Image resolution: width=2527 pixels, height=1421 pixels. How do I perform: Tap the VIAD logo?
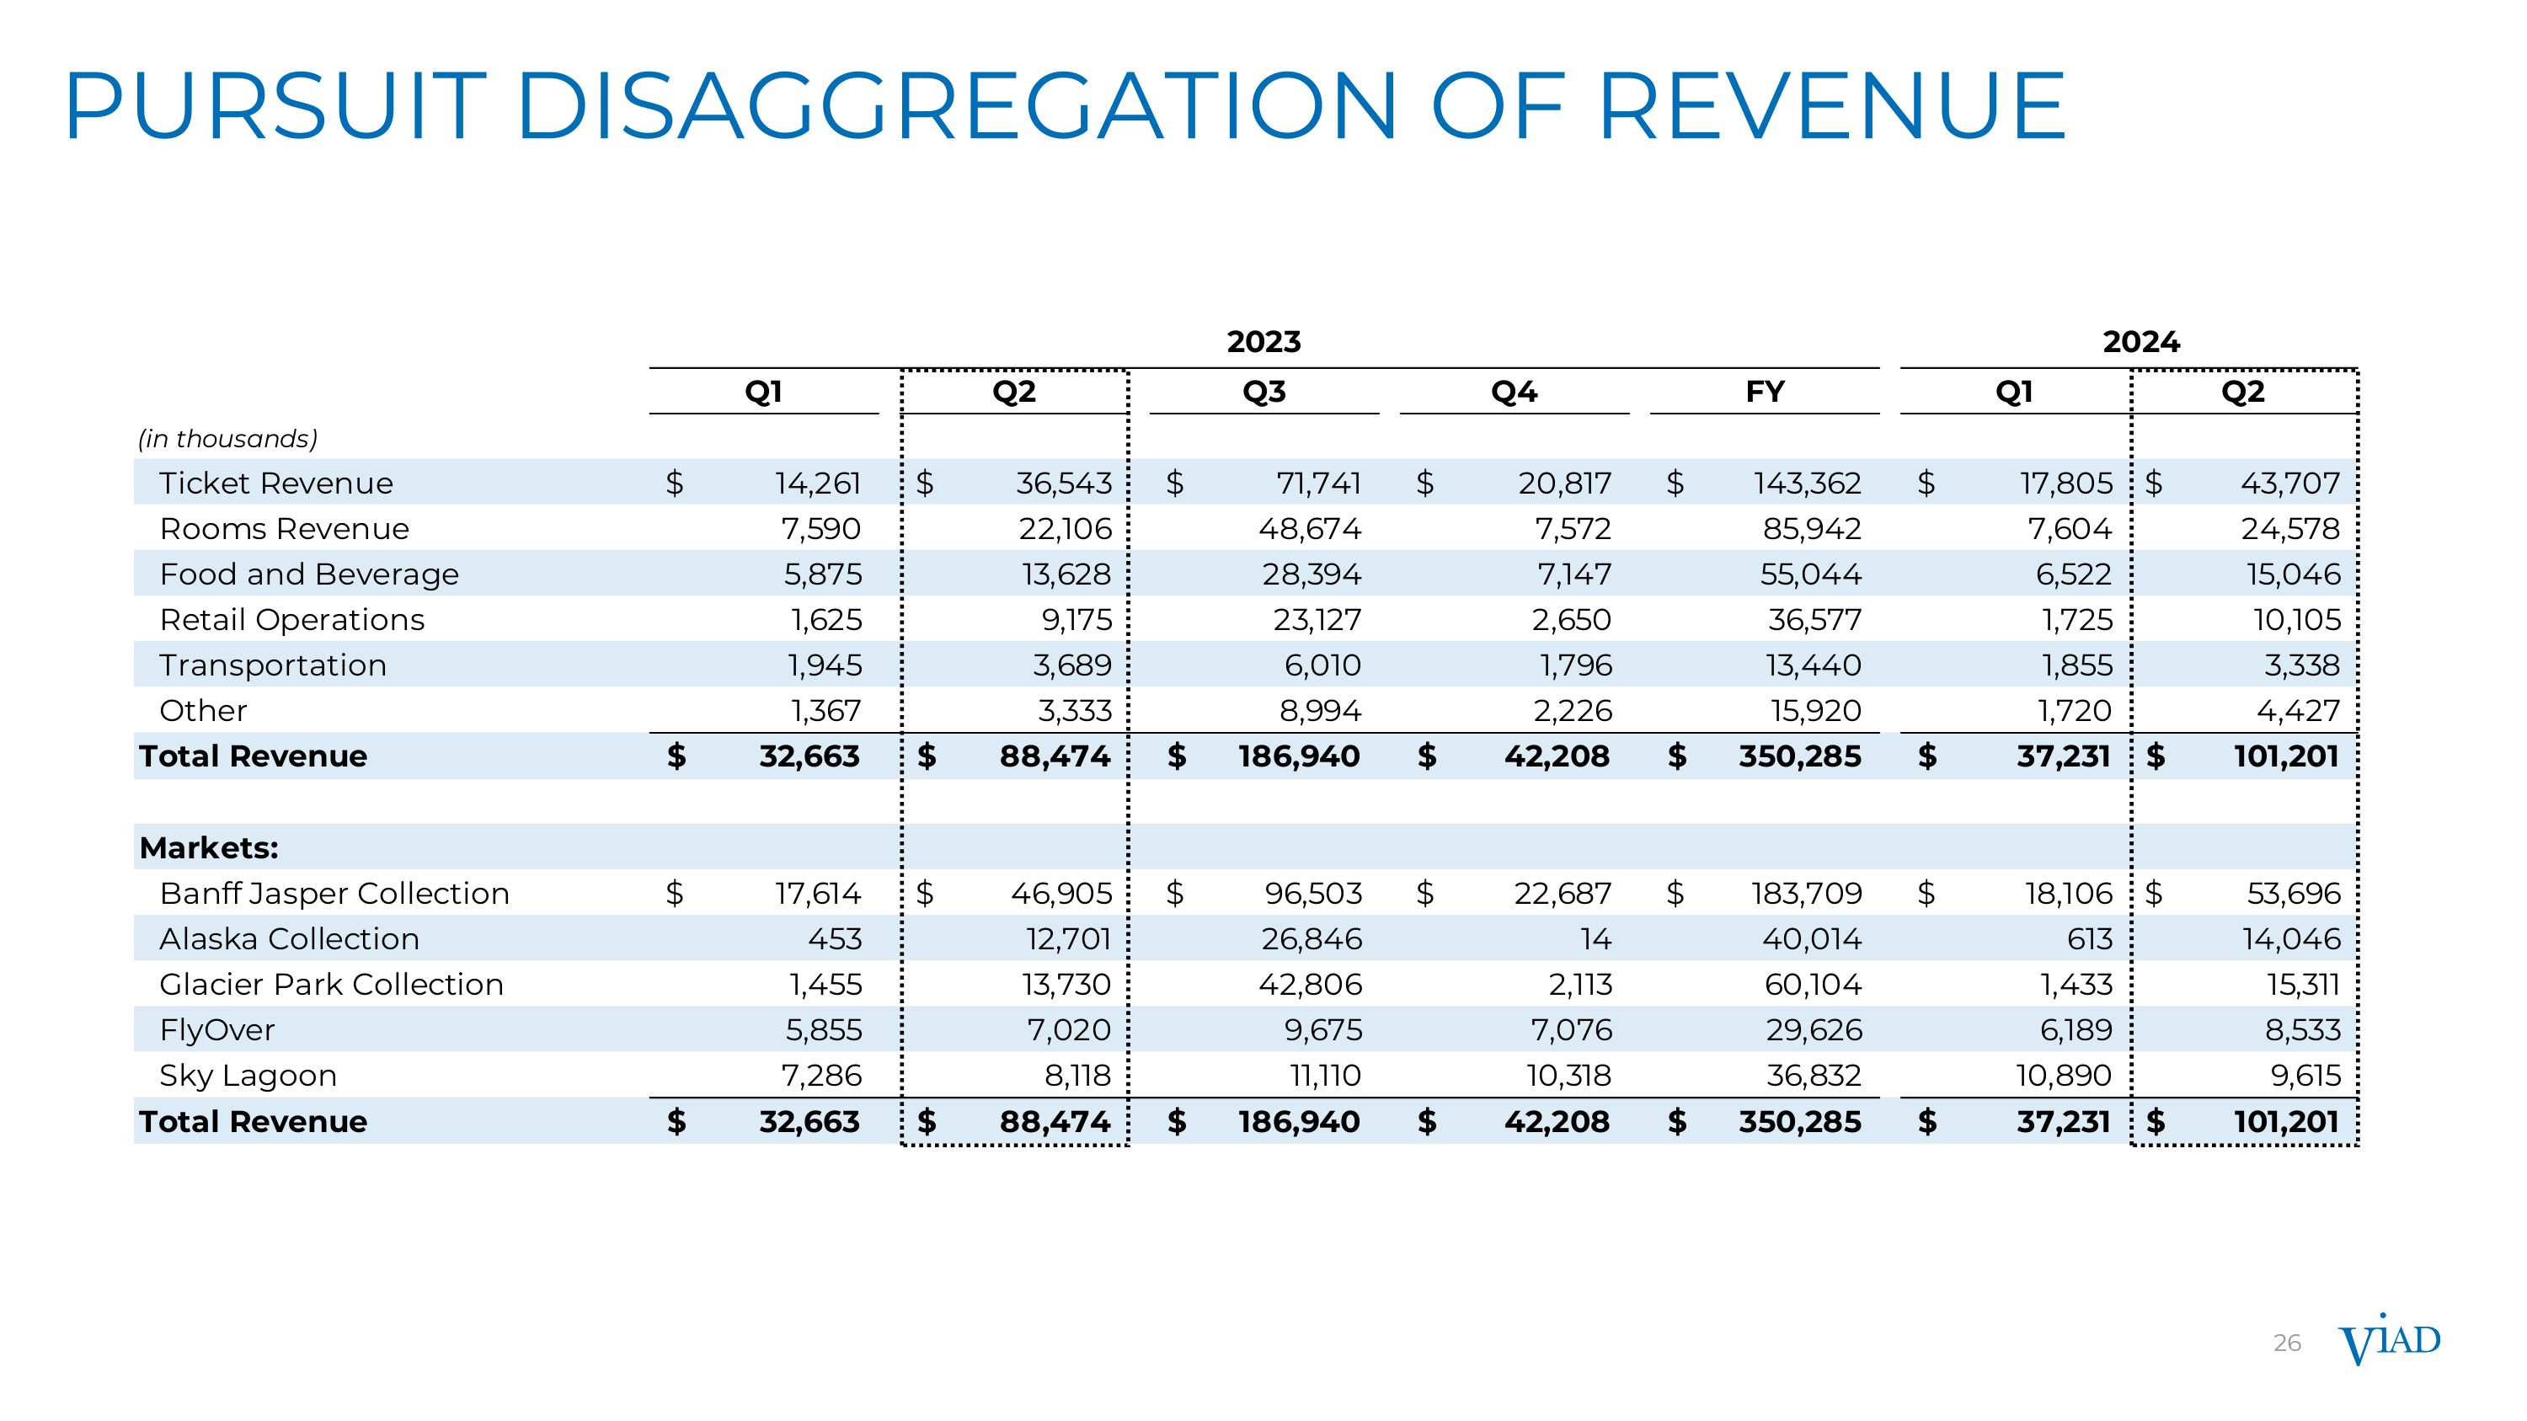(x=2389, y=1342)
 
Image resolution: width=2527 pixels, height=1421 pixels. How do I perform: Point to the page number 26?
(x=2287, y=1344)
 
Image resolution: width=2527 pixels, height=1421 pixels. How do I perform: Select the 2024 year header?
(x=2140, y=342)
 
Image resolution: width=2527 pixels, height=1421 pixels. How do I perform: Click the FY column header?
(x=1764, y=393)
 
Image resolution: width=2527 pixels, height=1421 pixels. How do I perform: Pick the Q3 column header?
(x=1263, y=393)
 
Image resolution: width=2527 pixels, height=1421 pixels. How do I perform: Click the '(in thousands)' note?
(x=227, y=438)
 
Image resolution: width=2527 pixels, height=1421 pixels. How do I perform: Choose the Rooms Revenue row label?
(x=285, y=529)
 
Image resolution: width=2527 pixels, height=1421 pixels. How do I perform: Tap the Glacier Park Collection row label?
(x=332, y=984)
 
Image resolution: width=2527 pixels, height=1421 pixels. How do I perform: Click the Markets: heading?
(x=209, y=847)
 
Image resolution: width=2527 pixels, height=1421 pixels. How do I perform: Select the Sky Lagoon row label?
(x=248, y=1075)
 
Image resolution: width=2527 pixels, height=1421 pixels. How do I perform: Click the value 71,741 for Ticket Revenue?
(x=1318, y=483)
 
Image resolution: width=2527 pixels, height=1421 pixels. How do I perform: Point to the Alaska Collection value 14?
(x=1595, y=938)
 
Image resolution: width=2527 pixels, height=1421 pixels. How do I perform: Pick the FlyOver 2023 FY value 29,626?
(x=1813, y=1029)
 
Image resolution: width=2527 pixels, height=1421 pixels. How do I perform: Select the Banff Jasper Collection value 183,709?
(x=1806, y=894)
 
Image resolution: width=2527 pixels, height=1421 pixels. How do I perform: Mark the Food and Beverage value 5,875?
(x=822, y=574)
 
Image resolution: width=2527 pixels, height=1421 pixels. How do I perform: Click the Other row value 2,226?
(x=1573, y=710)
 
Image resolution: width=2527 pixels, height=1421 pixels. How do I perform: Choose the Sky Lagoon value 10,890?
(x=2063, y=1075)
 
